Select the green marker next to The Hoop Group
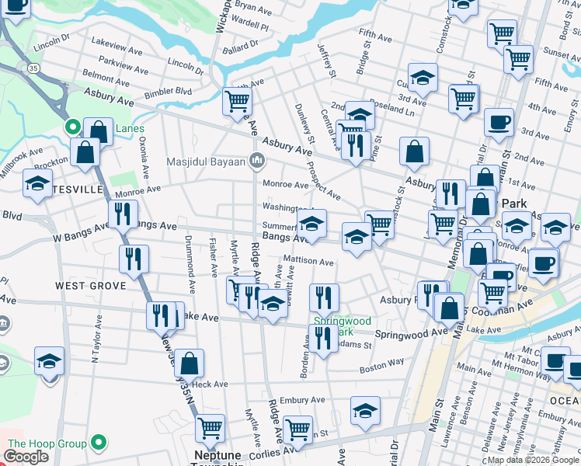(98, 443)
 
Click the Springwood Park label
(342, 326)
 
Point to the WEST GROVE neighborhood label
(90, 286)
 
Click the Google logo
(26, 457)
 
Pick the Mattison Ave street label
(308, 262)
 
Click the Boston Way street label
(381, 362)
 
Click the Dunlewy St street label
(305, 124)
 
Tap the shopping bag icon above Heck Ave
(189, 363)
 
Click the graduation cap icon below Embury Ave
(365, 411)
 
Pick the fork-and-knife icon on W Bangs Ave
(122, 214)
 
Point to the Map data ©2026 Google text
(532, 460)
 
